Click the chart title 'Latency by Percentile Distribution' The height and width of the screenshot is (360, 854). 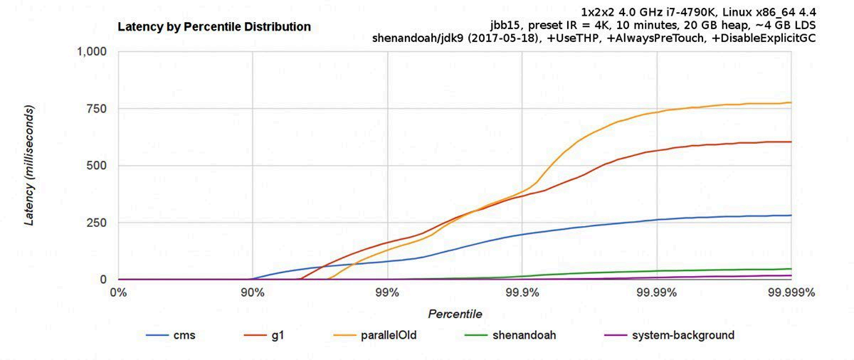[213, 27]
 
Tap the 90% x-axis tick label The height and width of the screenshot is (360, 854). [253, 292]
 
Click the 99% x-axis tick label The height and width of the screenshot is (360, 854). [387, 292]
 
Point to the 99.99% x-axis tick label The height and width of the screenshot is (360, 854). [656, 292]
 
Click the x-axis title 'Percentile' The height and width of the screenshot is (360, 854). [455, 314]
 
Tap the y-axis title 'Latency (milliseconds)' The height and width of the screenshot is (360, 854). [29, 166]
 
